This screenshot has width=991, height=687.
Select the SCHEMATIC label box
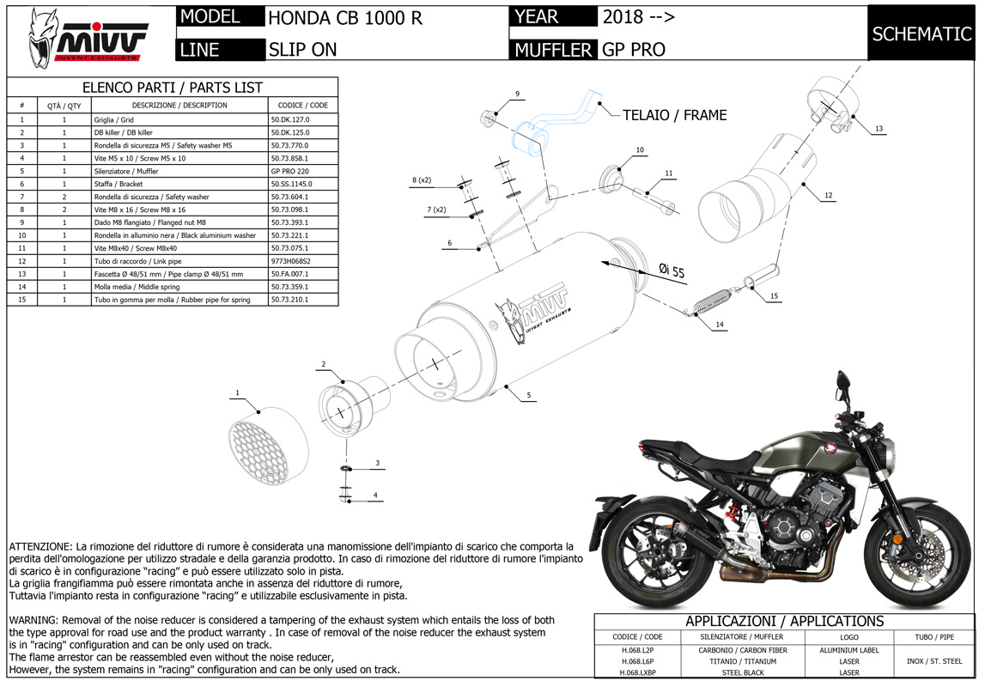coord(921,33)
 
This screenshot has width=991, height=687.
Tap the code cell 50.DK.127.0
coord(289,120)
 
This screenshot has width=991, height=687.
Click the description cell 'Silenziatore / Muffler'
coord(128,172)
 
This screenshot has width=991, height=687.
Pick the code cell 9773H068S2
coord(291,261)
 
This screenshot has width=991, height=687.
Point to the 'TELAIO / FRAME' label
coord(674,115)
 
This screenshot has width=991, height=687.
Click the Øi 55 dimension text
coord(672,271)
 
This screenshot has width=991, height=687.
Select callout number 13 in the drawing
coord(879,129)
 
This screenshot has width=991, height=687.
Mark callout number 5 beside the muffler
coord(529,396)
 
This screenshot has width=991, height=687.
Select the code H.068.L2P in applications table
coord(636,650)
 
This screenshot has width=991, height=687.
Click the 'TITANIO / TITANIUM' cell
coord(743,661)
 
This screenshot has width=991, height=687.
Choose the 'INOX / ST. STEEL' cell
coord(933,661)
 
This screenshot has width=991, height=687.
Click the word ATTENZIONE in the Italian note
coord(40,546)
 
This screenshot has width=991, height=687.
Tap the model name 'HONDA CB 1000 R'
coord(345,18)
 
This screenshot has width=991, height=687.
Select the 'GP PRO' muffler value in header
coord(634,50)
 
